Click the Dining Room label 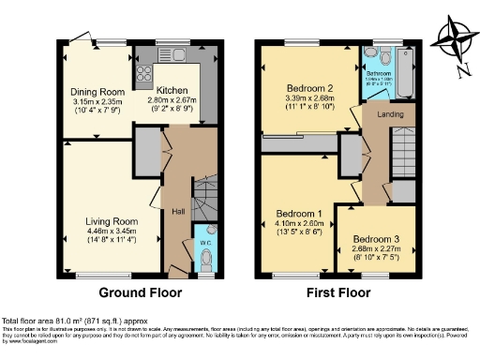98,92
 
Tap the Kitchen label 171,90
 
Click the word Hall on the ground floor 177,211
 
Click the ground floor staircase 203,197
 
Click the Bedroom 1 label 298,214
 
